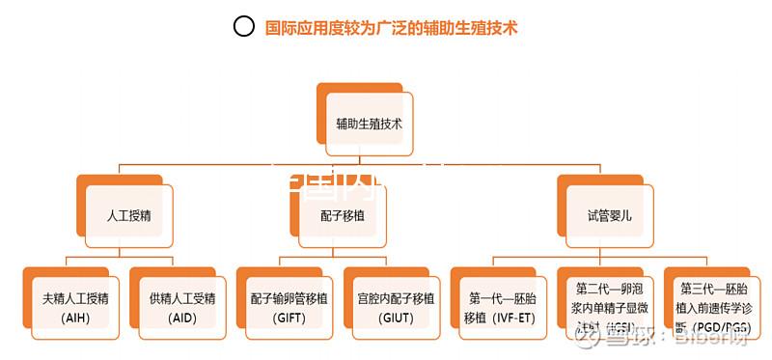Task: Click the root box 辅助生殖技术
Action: [x=370, y=125]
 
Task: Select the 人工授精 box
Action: [x=129, y=215]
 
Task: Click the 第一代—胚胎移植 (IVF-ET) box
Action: [x=503, y=306]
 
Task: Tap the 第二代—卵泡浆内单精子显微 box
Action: [x=609, y=306]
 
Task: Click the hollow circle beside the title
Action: [x=244, y=27]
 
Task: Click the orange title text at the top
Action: [x=392, y=28]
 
